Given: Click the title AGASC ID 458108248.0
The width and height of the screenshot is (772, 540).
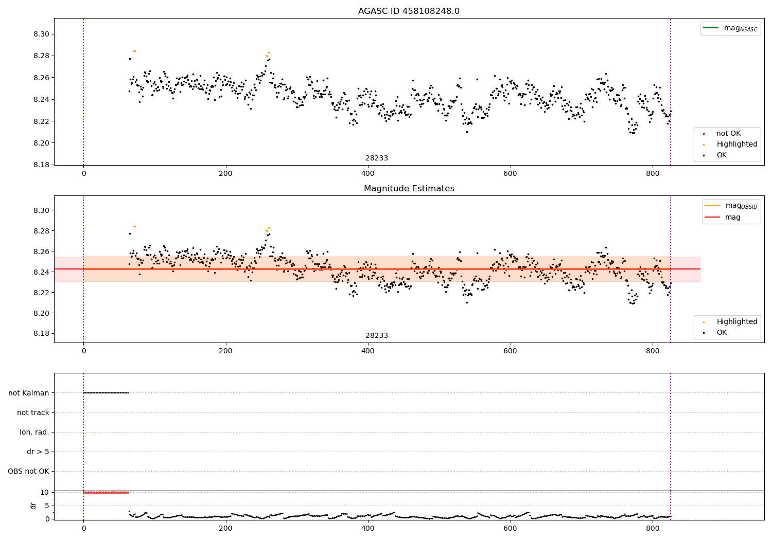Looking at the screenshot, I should click(409, 11).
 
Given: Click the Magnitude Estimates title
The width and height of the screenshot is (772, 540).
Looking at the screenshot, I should click(409, 189).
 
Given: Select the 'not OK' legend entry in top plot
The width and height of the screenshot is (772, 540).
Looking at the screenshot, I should click(728, 134).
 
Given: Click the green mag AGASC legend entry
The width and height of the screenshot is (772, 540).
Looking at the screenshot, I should click(730, 28).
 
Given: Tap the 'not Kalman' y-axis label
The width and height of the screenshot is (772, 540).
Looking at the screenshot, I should click(29, 393).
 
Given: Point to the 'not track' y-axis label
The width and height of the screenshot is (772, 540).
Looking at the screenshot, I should click(33, 412).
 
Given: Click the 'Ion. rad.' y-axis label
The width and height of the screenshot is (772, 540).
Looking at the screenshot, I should click(34, 432).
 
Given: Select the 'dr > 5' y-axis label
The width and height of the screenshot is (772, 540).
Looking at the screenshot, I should click(38, 452).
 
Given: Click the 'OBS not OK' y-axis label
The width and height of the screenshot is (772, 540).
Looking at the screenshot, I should click(28, 471).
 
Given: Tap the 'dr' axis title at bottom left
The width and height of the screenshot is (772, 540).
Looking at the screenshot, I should click(33, 506).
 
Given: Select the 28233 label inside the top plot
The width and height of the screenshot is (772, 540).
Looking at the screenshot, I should click(377, 158).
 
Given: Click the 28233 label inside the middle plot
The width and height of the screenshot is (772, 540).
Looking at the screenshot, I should click(377, 336).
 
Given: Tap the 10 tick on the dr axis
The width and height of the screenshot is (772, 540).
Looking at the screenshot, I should click(45, 492).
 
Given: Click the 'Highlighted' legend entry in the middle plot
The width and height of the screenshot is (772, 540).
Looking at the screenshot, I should click(736, 321).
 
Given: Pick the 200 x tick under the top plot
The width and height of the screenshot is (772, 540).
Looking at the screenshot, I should click(225, 174).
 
